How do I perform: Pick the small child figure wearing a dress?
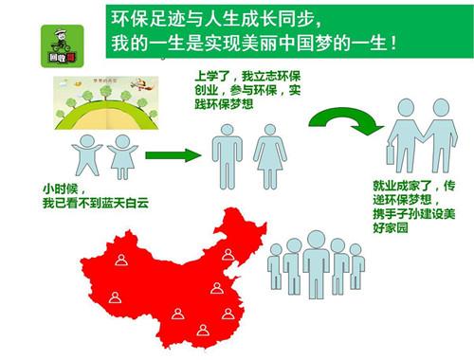(122, 154)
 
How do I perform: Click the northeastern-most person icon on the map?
(228, 254)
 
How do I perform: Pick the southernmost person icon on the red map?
(202, 331)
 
